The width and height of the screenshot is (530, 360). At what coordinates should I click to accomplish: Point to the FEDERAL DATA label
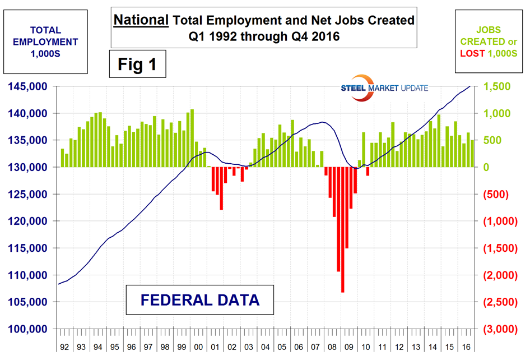200,299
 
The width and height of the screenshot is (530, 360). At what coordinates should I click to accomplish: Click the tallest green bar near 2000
192,138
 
